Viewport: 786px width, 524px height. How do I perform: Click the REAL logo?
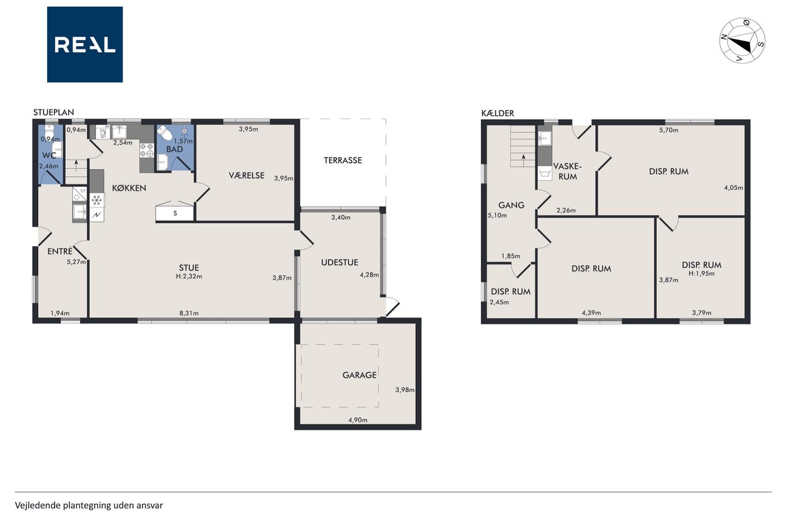coord(85,45)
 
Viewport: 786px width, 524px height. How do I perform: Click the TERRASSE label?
coord(343,160)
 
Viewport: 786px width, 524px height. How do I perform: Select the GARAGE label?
coord(359,375)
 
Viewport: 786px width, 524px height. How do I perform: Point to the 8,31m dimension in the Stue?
coord(189,313)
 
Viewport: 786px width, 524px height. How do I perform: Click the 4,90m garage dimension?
coord(357,420)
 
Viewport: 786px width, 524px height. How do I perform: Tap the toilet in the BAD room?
coord(165,133)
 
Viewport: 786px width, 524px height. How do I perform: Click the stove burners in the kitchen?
coord(147,151)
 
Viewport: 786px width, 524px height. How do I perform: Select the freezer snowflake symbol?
coord(97,200)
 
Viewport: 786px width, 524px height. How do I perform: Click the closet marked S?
coord(175,213)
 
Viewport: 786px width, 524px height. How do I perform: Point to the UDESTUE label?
coord(340,262)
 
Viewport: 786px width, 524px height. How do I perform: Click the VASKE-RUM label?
coord(567,171)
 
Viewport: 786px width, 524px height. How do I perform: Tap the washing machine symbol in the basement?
coord(545,173)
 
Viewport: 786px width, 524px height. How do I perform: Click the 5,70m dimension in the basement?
coord(669,130)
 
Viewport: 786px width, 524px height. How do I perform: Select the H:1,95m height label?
coord(701,274)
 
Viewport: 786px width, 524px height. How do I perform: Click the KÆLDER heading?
coord(497,114)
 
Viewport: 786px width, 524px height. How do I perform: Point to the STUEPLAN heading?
coord(53,112)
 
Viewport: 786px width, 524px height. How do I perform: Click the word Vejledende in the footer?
coord(38,506)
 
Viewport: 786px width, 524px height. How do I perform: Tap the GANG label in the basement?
coord(511,205)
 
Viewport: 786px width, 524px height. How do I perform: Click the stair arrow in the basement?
coord(524,160)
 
